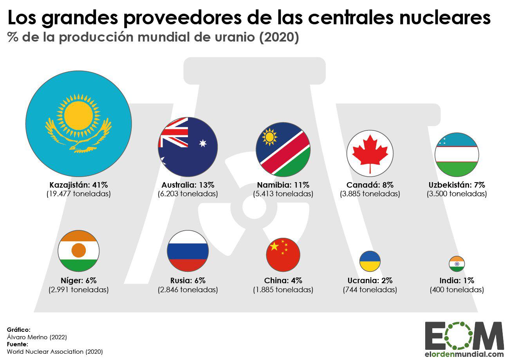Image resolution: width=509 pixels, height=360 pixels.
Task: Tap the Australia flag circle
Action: point(188,147)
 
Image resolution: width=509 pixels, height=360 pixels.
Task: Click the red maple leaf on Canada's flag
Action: point(370,153)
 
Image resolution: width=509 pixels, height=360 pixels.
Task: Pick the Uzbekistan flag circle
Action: point(457,155)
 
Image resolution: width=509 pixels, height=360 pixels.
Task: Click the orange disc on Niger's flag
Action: point(79,250)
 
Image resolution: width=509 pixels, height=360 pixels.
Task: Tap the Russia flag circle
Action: point(188,251)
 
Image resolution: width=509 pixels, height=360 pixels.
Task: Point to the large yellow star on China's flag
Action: point(274,246)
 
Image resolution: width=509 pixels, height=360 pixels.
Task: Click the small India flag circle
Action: point(457,264)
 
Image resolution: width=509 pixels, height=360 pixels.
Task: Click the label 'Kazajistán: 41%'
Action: point(78,185)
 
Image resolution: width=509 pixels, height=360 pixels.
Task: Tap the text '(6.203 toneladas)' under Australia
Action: point(188,194)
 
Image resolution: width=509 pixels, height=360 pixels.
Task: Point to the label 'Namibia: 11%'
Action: point(283,185)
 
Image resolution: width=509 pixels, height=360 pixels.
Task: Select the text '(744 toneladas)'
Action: point(370,290)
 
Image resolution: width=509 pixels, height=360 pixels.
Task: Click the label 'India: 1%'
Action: point(457,280)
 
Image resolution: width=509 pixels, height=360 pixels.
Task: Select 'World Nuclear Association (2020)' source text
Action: point(55,352)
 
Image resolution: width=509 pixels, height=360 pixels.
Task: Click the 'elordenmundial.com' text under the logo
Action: point(464,353)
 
